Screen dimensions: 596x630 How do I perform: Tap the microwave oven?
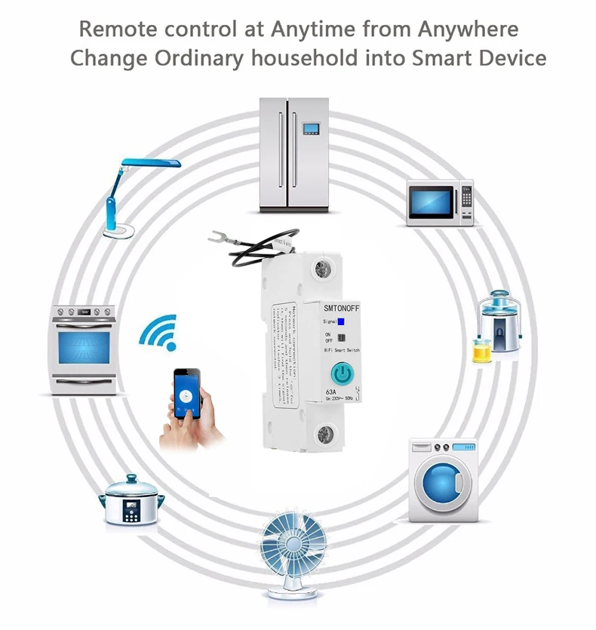[440, 202]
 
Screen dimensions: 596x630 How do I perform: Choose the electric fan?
[297, 555]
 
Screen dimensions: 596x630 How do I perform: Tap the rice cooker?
[132, 502]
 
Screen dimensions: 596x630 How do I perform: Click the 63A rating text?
[331, 392]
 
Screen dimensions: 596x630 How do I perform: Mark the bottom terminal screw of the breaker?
[327, 433]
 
